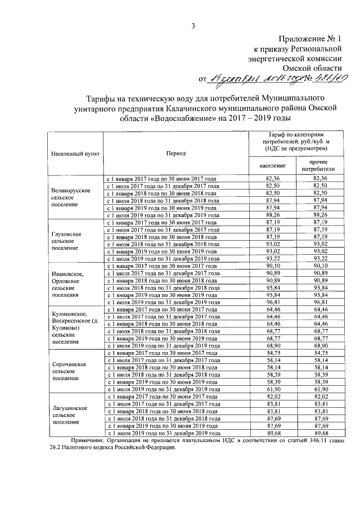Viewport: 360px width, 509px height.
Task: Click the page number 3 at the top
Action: (193, 25)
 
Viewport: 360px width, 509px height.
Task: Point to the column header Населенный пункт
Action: (75, 153)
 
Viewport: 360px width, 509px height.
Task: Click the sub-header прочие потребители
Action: (318, 165)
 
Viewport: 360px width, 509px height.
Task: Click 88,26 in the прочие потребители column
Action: (319, 214)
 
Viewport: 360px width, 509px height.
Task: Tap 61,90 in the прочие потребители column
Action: (319, 389)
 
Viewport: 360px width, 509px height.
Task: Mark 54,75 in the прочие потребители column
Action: (319, 353)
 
